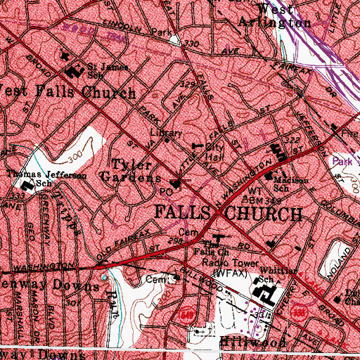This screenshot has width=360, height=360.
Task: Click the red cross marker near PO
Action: (182, 184)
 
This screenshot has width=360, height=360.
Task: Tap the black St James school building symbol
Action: (72, 72)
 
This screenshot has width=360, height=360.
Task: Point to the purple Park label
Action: (342, 161)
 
